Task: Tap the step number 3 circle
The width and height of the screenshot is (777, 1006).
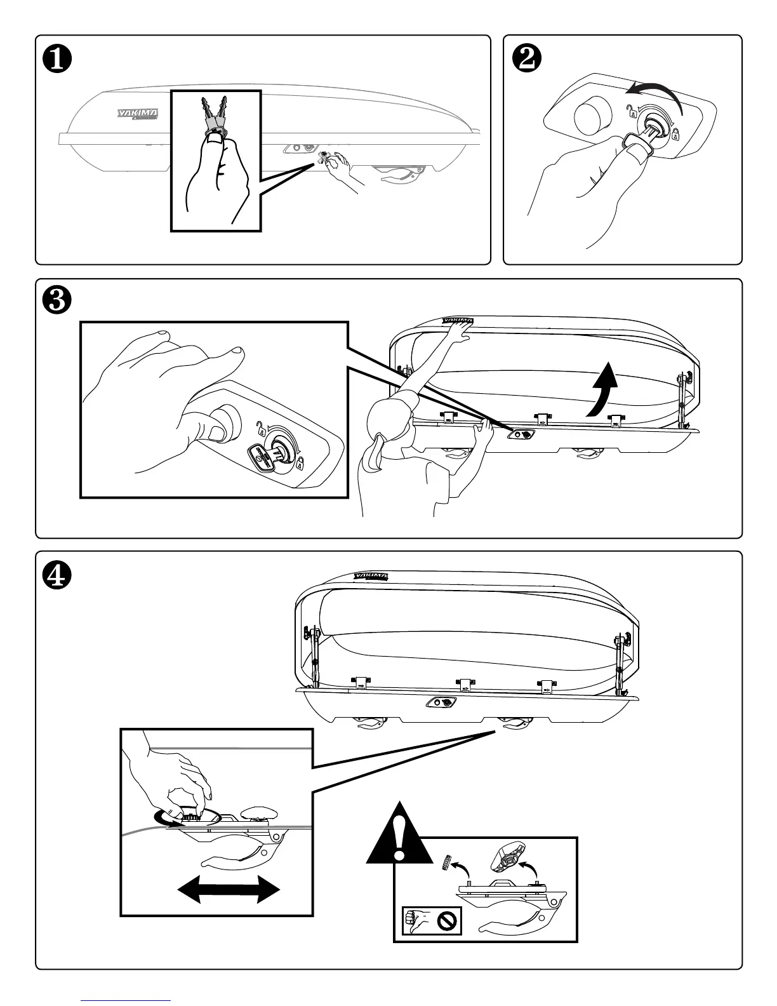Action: pos(56,301)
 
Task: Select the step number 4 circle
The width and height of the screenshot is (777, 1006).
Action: pos(56,574)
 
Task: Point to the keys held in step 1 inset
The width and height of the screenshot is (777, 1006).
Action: pos(215,114)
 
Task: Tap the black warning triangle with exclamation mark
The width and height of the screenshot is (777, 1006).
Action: pos(399,838)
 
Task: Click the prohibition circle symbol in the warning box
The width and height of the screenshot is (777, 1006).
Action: pos(448,922)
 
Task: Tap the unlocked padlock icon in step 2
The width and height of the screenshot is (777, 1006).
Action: pos(631,112)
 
